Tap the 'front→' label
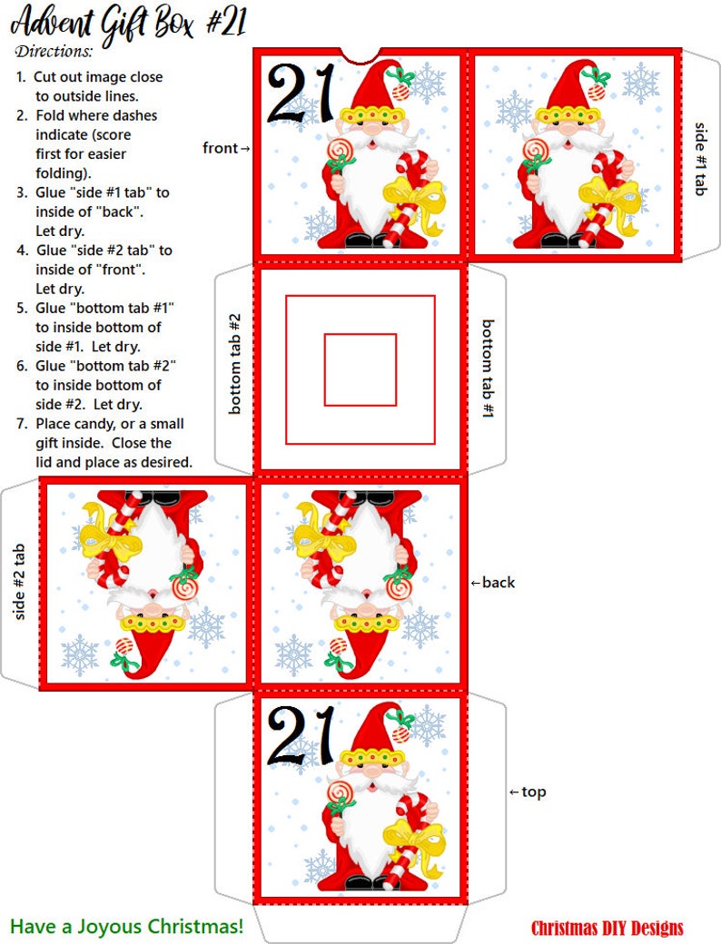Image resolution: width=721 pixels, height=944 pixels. pyautogui.click(x=226, y=148)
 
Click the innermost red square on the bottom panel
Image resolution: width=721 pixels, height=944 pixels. pyautogui.click(x=360, y=369)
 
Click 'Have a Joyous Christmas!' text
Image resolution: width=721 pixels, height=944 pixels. pyautogui.click(x=127, y=927)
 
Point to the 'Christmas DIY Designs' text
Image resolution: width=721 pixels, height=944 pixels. pyautogui.click(x=607, y=928)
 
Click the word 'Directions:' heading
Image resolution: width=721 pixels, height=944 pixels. pyautogui.click(x=54, y=51)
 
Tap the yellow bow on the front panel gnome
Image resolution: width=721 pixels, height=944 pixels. pyautogui.click(x=413, y=198)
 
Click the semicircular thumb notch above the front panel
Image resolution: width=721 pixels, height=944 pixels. pyautogui.click(x=361, y=54)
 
